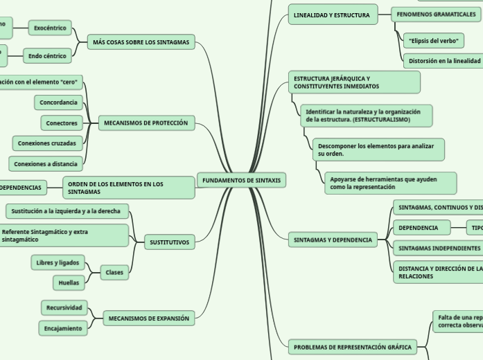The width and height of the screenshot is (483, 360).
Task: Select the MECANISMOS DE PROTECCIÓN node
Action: coord(146,123)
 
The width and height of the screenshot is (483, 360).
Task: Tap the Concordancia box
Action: coord(58,102)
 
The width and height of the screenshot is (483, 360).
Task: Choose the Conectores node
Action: coord(62,123)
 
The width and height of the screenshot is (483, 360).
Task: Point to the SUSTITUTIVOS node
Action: coord(169,242)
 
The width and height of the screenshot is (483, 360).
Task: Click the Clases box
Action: coord(114,273)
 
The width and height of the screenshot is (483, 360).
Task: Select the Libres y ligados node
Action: coord(58,262)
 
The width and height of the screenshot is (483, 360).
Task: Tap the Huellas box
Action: coord(69,282)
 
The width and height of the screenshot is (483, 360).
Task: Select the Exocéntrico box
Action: coord(50,28)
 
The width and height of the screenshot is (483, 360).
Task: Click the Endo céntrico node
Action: coord(47,56)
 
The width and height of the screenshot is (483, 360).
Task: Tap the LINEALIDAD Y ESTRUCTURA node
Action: coord(332,15)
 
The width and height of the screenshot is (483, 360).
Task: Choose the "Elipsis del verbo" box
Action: coord(434,41)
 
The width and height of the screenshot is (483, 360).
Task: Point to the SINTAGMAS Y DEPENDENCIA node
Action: coord(333,240)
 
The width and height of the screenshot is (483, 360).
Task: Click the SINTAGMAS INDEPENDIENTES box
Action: coord(438,247)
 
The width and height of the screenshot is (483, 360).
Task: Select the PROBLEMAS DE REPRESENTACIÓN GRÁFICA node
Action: coord(352,347)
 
